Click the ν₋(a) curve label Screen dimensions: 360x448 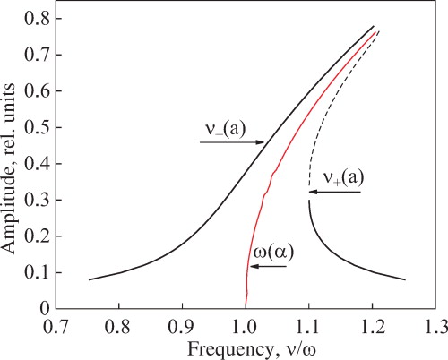pos(222,129)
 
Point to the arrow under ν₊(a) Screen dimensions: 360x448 pos(333,192)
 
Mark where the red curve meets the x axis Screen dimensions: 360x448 pos(246,307)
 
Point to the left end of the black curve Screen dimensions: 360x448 pos(90,279)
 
